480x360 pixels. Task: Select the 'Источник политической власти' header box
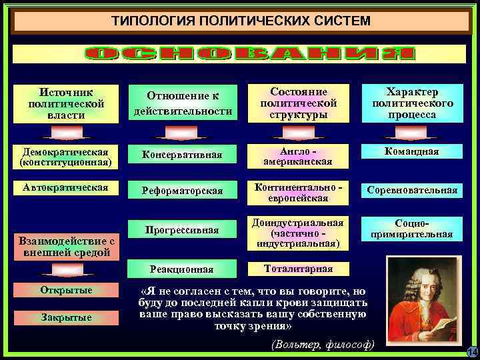point(66,104)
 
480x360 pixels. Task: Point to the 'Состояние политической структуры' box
point(299,104)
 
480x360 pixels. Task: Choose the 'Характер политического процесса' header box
point(413,104)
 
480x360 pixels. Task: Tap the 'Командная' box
point(413,152)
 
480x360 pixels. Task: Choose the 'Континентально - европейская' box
point(298,191)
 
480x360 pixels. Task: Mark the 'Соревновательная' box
point(413,191)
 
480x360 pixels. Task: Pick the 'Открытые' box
point(65,291)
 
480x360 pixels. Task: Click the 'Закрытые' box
point(65,317)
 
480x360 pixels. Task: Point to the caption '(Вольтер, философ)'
point(323,345)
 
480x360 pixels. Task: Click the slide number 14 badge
point(471,351)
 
